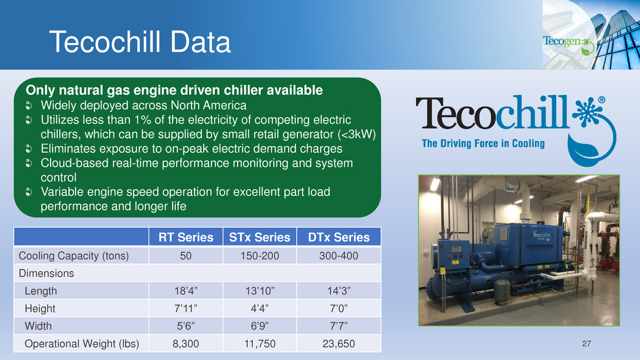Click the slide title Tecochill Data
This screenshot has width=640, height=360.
coord(140,42)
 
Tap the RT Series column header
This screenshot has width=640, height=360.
coord(186,237)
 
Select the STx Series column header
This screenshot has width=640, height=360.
coord(259,237)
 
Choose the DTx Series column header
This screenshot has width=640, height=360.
coord(339,237)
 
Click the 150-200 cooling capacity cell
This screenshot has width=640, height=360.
coord(259,256)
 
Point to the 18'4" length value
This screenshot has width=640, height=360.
coord(186,291)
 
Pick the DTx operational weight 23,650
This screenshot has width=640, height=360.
coord(339,344)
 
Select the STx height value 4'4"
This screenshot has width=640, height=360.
coord(259,308)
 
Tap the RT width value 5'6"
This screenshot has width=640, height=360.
coord(186,326)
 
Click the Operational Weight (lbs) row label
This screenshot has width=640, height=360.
coord(82,344)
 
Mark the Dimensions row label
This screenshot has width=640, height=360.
coord(46,273)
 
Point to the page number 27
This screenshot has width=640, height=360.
coord(586,344)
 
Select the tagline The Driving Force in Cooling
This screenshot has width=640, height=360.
coord(483,143)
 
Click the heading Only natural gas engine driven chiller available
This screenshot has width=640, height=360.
coord(174,90)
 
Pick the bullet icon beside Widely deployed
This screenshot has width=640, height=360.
coord(29,106)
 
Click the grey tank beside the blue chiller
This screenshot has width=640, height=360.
coord(502,291)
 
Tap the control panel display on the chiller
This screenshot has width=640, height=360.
coord(456,249)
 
